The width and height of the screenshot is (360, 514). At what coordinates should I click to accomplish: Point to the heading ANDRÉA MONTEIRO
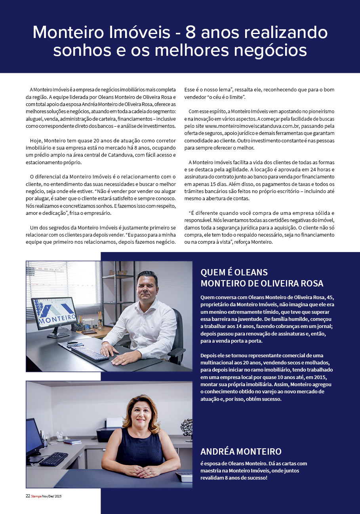241,451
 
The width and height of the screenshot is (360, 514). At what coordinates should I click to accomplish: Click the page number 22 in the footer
28,495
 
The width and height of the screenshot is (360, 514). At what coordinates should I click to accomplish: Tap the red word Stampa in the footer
36,495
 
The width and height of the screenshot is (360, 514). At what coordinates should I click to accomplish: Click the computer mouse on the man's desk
72,342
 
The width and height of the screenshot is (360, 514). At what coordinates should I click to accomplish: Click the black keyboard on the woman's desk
53,459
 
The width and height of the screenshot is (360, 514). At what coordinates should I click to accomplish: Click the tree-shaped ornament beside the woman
186,427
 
